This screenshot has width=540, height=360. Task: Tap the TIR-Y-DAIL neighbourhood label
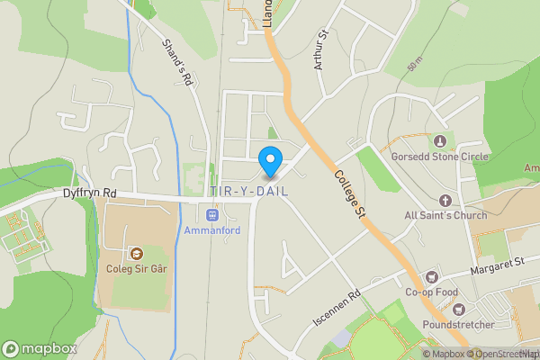(x=248, y=192)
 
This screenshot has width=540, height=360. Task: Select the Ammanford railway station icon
(x=212, y=214)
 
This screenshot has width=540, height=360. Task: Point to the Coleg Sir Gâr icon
(x=137, y=253)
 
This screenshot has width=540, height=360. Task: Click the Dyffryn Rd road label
(x=90, y=193)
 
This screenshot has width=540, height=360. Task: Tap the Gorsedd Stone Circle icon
(x=440, y=141)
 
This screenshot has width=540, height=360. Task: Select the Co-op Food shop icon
(x=432, y=277)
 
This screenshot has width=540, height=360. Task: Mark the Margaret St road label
(x=497, y=267)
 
